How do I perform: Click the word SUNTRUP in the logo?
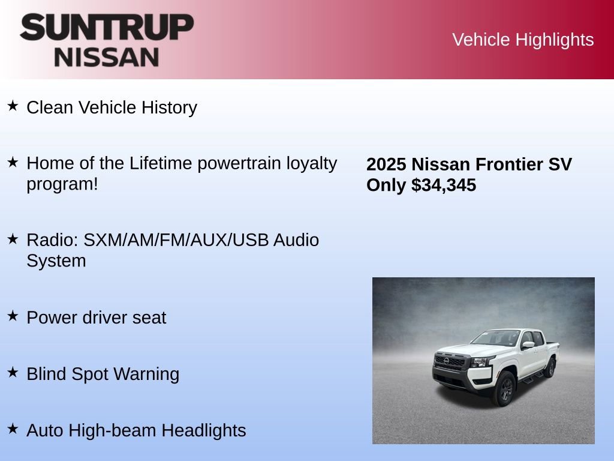click(107, 28)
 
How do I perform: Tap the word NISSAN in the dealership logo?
click(107, 57)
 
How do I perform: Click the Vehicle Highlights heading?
click(523, 40)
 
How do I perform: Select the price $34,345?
click(444, 185)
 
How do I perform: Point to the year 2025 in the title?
click(386, 164)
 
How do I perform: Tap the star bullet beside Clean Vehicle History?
click(13, 106)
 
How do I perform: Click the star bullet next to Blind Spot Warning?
click(13, 372)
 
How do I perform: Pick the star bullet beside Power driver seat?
click(13, 316)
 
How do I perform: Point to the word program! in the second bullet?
click(62, 184)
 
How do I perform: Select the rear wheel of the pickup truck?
click(549, 367)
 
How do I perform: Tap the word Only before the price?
click(386, 185)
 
